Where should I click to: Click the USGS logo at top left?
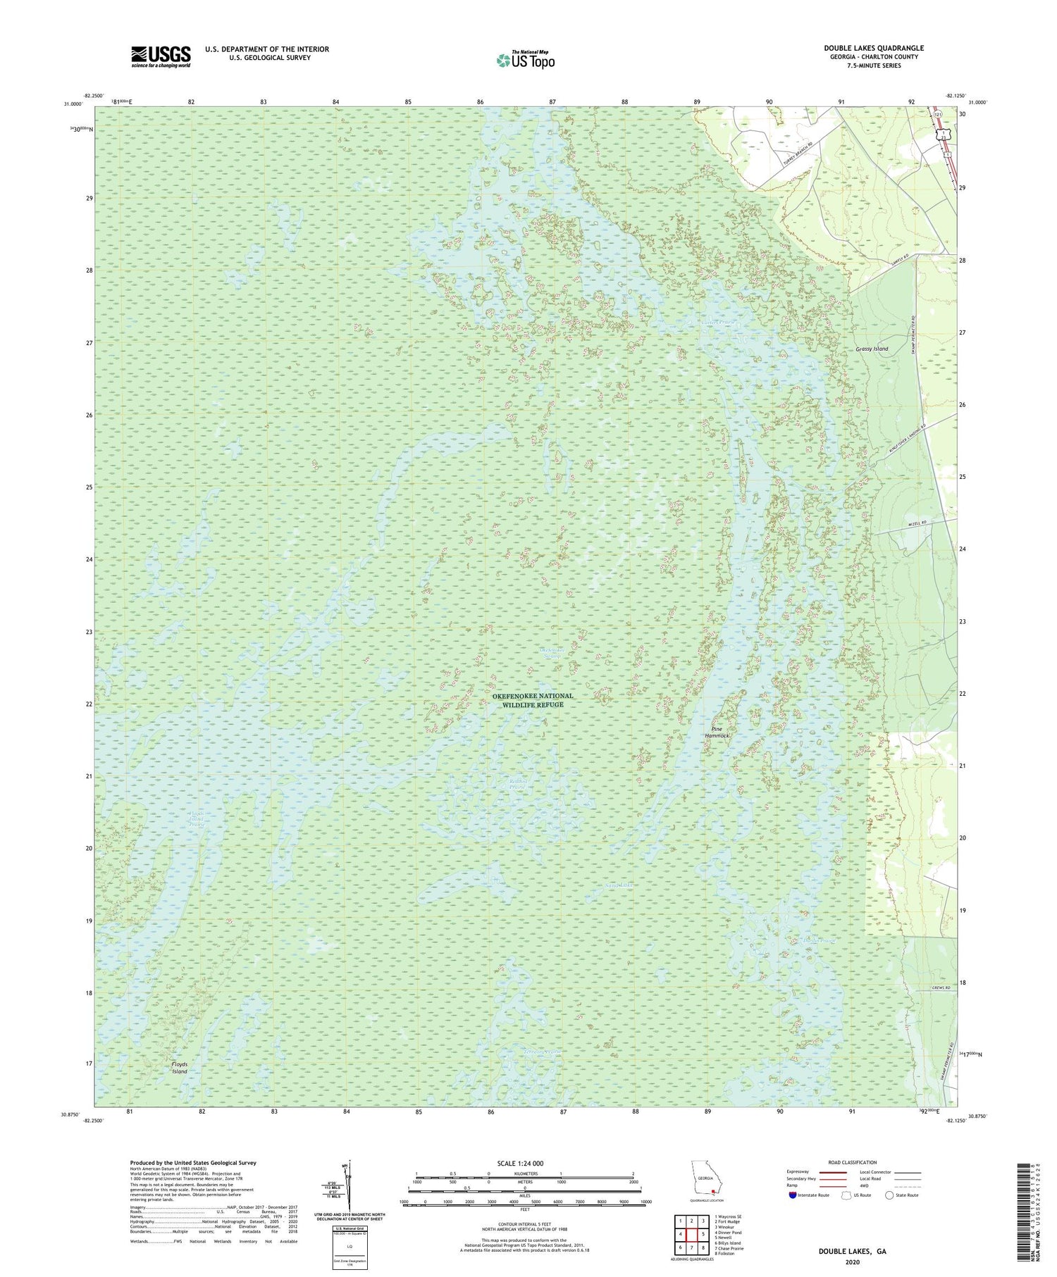[x=161, y=56]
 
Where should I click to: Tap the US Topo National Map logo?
[x=525, y=60]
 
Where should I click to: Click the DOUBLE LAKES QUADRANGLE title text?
[x=874, y=48]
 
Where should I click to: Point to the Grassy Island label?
[x=872, y=349]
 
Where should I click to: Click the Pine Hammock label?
[x=717, y=732]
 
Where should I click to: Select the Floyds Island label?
[x=180, y=1067]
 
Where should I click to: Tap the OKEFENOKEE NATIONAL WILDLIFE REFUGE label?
[x=533, y=700]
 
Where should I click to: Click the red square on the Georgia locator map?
[x=714, y=1192]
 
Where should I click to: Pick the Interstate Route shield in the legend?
[x=794, y=1195]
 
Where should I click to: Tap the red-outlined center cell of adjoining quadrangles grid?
[x=691, y=1234]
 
